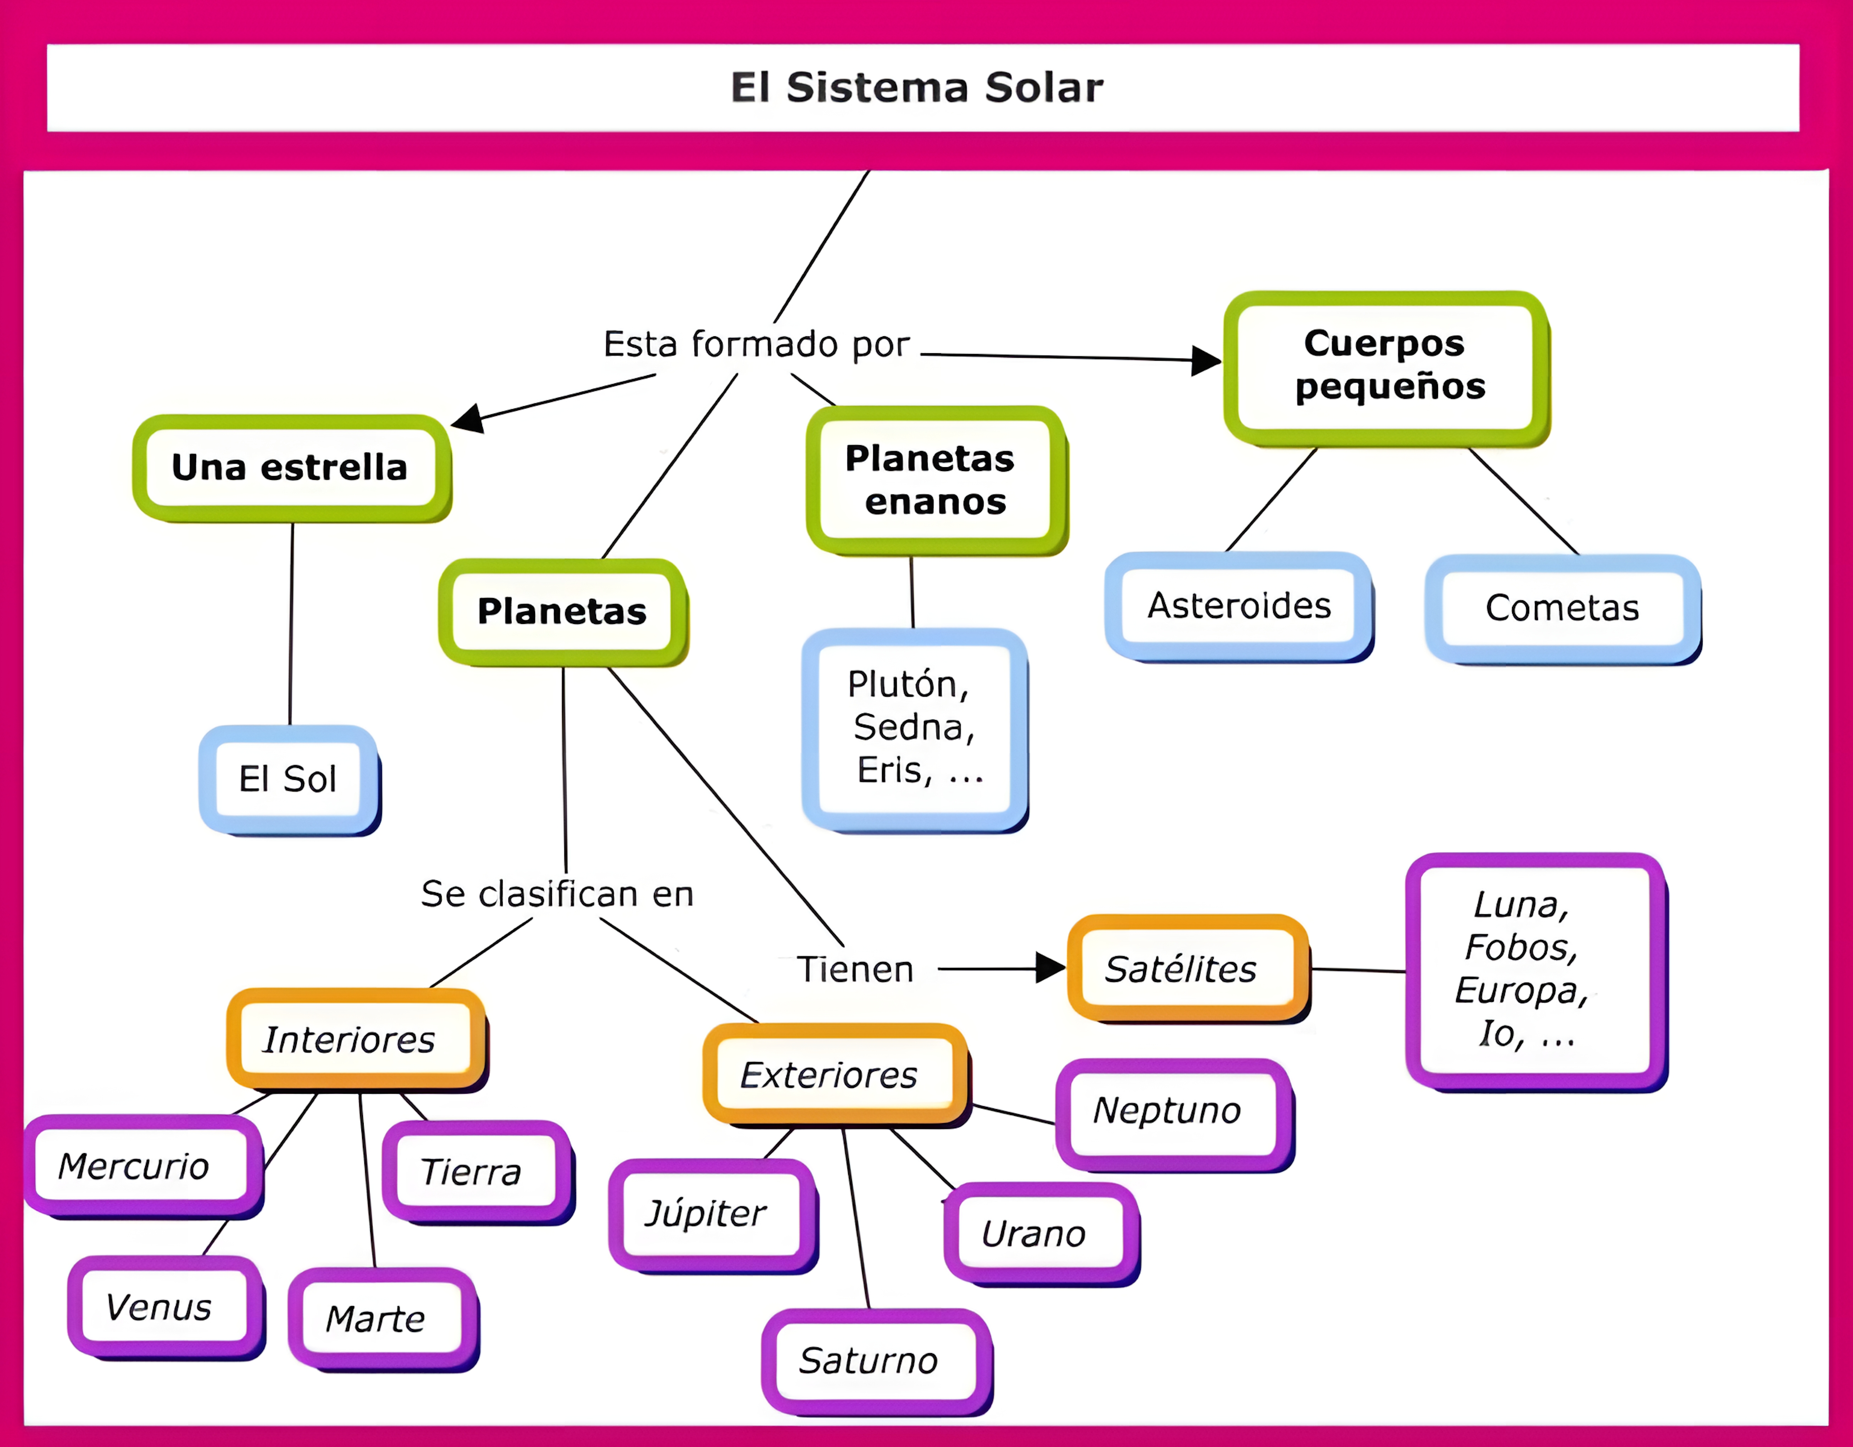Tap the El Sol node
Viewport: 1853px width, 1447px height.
[x=288, y=779]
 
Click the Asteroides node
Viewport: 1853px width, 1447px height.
[x=1239, y=606]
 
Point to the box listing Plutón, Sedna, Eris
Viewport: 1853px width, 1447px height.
[x=915, y=728]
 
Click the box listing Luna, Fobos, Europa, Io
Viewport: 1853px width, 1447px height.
[x=1534, y=970]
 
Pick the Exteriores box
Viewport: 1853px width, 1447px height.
[x=834, y=1074]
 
